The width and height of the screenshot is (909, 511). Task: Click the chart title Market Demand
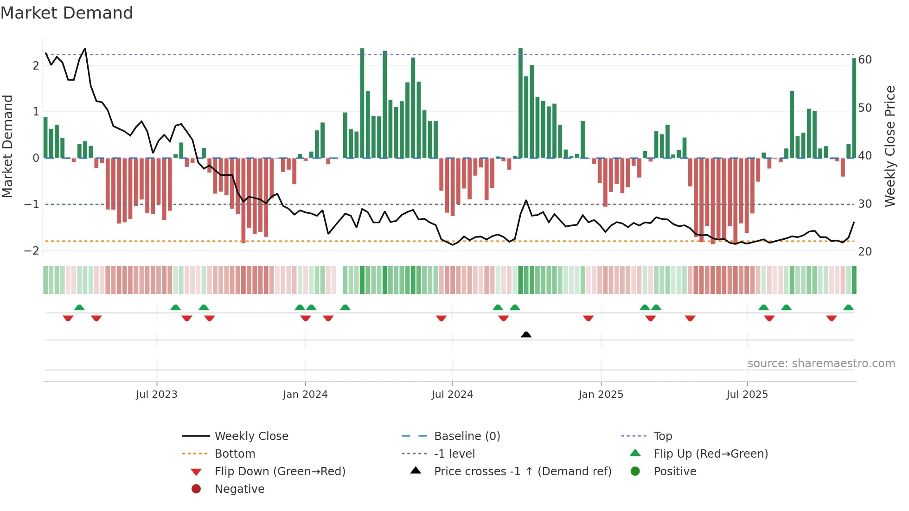(67, 13)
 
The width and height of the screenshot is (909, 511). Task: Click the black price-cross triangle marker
(526, 334)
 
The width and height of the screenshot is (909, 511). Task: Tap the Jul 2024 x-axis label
(452, 395)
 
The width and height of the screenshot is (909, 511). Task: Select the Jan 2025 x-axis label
(601, 395)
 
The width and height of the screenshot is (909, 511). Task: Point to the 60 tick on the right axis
(865, 60)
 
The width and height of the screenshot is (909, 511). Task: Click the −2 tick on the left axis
(32, 251)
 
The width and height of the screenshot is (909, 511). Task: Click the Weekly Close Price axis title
(890, 146)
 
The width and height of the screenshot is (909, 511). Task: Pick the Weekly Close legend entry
(251, 436)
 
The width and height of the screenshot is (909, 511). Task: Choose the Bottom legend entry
(235, 454)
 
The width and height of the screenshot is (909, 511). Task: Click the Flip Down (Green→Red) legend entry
(280, 472)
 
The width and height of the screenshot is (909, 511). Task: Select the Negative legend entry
(239, 489)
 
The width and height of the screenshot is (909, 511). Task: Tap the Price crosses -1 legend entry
(522, 472)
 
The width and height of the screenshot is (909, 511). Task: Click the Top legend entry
(663, 436)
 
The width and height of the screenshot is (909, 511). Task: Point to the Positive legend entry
(675, 472)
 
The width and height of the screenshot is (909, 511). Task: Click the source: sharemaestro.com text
(821, 364)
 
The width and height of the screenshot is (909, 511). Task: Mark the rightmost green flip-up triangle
(848, 307)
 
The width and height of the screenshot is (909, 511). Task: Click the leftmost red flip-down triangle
(68, 318)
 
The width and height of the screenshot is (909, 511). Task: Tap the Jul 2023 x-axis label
(157, 395)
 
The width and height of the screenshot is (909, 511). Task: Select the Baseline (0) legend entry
(467, 436)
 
